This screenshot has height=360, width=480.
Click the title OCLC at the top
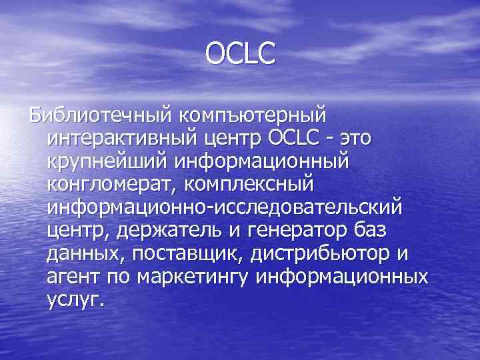point(240,54)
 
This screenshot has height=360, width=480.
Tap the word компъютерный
point(252,115)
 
